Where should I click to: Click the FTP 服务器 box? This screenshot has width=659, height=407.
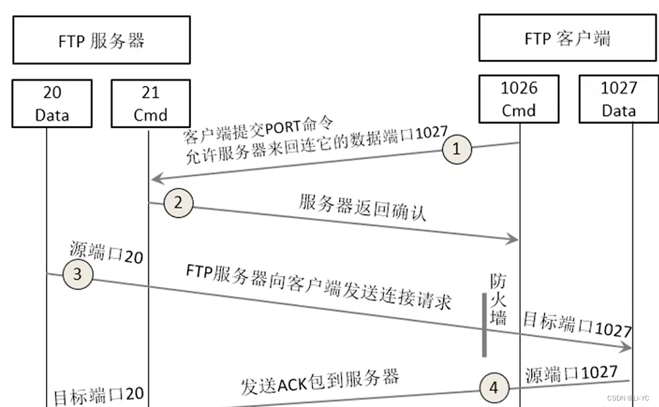pyautogui.click(x=101, y=40)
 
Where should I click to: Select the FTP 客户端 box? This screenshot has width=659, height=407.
pyautogui.click(x=567, y=38)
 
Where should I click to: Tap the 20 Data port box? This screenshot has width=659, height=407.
pyautogui.click(x=52, y=103)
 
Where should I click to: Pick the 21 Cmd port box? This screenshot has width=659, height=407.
pyautogui.click(x=150, y=103)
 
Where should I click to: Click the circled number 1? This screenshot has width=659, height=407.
pyautogui.click(x=457, y=149)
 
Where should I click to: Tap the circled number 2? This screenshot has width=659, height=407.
pyautogui.click(x=178, y=203)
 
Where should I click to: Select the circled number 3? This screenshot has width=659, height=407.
pyautogui.click(x=77, y=274)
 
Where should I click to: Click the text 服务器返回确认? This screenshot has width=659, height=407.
pyautogui.click(x=362, y=207)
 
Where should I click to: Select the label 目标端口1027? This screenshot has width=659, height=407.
pyautogui.click(x=577, y=326)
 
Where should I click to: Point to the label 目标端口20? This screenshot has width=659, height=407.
pyautogui.click(x=98, y=395)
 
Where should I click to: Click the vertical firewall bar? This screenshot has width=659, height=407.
pyautogui.click(x=484, y=324)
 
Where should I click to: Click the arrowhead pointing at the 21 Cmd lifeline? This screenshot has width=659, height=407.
pyautogui.click(x=155, y=178)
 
